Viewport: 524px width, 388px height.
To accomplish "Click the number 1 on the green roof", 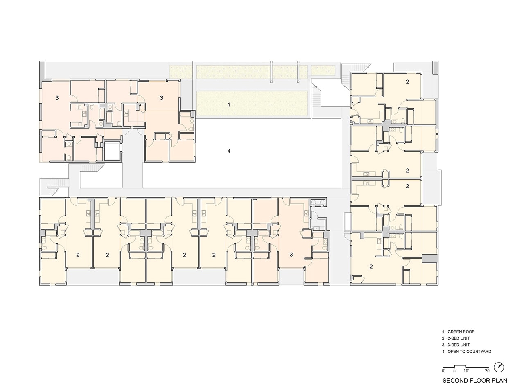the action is (x=229, y=104).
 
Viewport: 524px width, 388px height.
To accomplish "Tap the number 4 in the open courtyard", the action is (x=229, y=151).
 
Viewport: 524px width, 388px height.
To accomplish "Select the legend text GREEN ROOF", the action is (x=461, y=332).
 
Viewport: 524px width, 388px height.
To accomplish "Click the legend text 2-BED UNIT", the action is (x=458, y=338).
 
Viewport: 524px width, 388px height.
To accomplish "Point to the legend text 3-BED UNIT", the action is (x=458, y=345).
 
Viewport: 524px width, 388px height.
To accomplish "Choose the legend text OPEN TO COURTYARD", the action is (x=470, y=352).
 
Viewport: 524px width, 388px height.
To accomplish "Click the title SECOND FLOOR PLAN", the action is (x=474, y=381).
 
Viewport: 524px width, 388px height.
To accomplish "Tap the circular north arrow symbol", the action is (x=499, y=367).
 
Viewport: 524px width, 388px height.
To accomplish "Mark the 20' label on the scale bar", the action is (x=488, y=371).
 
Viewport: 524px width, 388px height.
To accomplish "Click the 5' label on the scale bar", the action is (x=454, y=371).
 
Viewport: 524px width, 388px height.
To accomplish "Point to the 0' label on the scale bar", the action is (x=444, y=371).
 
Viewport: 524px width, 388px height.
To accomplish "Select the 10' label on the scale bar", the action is (x=466, y=371).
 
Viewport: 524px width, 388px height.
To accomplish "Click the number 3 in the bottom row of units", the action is (x=291, y=255).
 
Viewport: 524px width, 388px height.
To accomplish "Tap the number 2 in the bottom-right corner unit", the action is (x=371, y=267).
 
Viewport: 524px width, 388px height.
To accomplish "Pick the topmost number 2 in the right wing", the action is (x=407, y=82).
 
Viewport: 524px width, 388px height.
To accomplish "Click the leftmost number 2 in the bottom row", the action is (x=78, y=255).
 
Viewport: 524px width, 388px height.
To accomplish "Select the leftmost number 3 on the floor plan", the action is (x=57, y=97).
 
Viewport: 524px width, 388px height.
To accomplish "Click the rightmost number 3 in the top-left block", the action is (x=161, y=97).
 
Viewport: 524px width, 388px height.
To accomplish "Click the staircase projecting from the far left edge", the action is (x=54, y=187).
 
